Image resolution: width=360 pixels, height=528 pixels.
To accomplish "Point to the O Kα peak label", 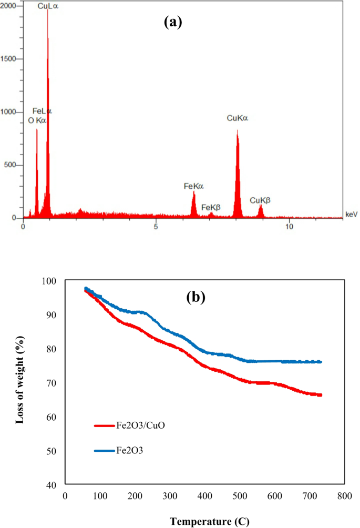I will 37,120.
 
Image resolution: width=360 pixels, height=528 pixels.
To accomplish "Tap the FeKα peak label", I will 193,186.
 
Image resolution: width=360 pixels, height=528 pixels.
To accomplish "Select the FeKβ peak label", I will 211,207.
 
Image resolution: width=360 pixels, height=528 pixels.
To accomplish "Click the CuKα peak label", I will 237,119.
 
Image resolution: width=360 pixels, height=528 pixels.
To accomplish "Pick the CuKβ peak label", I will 260,200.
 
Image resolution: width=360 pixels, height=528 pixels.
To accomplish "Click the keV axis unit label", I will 351,214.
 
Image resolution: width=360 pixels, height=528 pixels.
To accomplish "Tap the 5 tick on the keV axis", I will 156,227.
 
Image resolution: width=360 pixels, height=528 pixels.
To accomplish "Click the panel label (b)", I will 196,297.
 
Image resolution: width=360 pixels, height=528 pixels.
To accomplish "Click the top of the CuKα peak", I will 238,130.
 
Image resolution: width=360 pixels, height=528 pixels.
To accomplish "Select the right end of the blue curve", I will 321,362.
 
